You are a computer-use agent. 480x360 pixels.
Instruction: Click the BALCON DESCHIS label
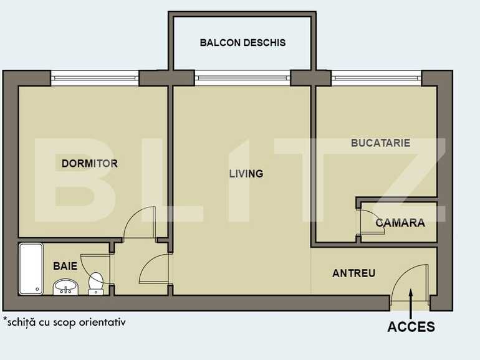tap(242, 43)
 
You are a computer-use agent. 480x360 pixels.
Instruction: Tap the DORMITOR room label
tap(90, 164)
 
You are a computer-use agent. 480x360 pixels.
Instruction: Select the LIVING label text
tap(246, 174)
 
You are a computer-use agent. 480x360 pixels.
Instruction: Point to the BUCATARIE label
tap(380, 143)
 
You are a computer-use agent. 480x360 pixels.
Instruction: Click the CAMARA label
tap(400, 222)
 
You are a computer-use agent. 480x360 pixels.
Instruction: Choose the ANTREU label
tap(353, 273)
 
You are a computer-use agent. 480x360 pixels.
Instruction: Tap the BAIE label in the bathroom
tap(65, 266)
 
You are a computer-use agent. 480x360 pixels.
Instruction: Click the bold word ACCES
tap(411, 327)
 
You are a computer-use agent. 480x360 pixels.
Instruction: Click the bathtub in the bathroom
tap(31, 268)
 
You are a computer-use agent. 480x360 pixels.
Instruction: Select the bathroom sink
tap(65, 287)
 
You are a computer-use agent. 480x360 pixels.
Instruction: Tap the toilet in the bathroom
tap(96, 283)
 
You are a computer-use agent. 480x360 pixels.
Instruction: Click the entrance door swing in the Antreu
tap(411, 283)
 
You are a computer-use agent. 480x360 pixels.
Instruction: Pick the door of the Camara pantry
tap(366, 222)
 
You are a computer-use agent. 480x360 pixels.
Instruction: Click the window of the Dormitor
tap(94, 78)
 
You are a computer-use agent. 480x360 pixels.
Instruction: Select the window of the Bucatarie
tap(376, 78)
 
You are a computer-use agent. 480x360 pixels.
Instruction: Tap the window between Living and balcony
tap(242, 78)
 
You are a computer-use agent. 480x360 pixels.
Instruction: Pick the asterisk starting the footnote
tap(5, 321)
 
